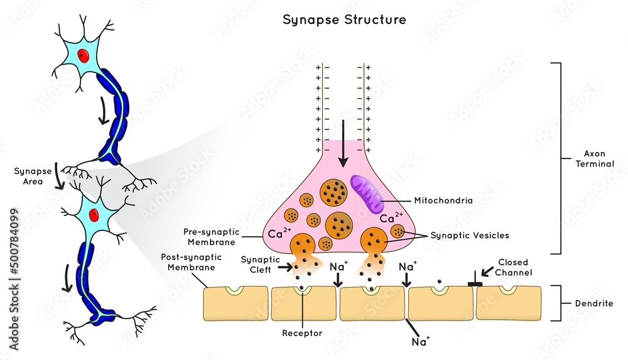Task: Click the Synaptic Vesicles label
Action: tap(469, 236)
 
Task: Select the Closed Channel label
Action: tap(513, 267)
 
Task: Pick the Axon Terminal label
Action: tap(593, 158)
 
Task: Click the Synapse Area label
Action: tap(30, 176)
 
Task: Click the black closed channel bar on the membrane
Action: tap(475, 285)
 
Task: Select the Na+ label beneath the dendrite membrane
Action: tap(420, 342)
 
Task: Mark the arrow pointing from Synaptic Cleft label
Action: tap(282, 268)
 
